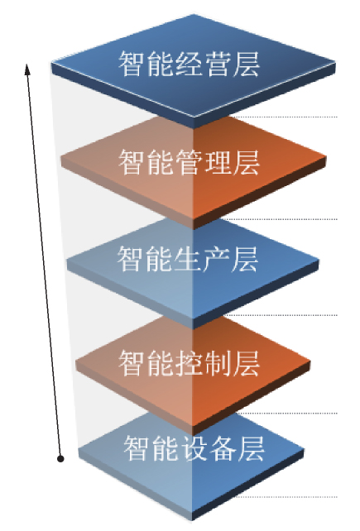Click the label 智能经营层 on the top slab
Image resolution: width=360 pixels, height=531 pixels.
click(190, 64)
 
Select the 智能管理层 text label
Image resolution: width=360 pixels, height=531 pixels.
click(190, 162)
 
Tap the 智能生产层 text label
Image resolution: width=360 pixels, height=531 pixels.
click(188, 259)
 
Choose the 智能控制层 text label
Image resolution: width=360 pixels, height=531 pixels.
click(190, 363)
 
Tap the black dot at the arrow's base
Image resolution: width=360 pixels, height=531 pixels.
click(60, 459)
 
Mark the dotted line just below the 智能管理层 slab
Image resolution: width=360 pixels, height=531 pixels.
click(280, 219)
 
